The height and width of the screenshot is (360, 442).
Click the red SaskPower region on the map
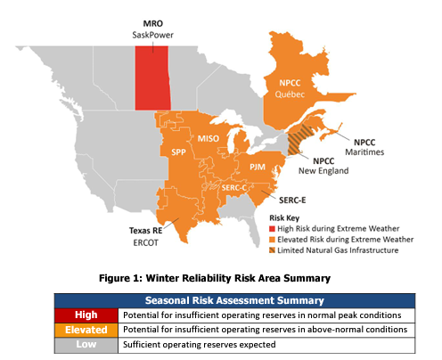152,78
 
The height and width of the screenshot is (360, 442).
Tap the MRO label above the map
153,23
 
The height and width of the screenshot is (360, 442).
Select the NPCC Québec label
290,88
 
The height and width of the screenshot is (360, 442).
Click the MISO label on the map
209,138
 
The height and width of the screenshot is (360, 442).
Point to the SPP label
178,152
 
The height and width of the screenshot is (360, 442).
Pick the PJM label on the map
258,167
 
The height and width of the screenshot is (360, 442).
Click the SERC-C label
234,188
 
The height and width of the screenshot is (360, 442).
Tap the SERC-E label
292,200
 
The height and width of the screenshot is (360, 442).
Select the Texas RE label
145,231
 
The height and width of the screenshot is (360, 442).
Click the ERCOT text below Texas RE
145,242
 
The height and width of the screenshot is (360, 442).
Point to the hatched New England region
299,140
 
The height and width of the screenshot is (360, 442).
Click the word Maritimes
364,152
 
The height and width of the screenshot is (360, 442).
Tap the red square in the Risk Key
272,229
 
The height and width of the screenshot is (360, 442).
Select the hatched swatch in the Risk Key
272,250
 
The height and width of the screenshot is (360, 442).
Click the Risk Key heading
284,218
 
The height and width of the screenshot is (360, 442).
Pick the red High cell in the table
86,315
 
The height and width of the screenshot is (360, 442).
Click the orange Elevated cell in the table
86,330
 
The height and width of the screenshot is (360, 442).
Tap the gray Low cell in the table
86,345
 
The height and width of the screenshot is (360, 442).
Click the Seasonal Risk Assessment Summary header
234,300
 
